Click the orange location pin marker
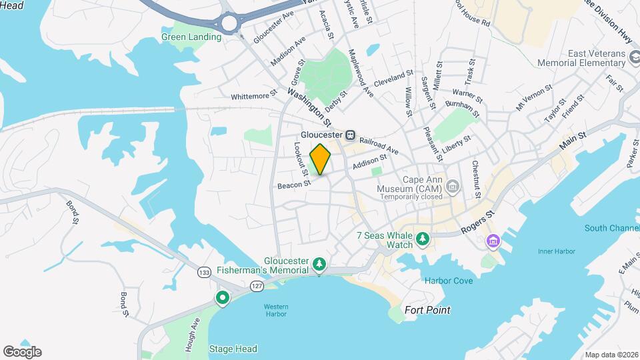321,159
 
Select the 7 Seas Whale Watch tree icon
422,238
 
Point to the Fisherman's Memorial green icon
319,265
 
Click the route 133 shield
205,272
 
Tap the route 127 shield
257,285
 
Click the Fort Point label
427,310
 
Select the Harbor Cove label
449,281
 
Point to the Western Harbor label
275,311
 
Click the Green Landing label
191,37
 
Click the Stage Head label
233,349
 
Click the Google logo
22,351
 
